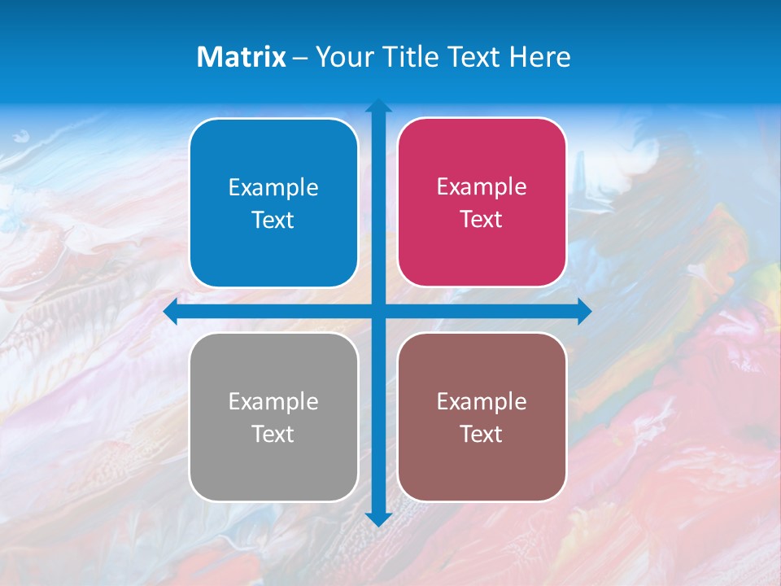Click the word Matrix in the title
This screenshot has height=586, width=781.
[241, 57]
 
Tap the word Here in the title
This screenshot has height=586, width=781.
[539, 57]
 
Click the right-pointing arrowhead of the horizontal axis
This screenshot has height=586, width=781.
[584, 312]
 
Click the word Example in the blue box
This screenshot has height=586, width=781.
[273, 188]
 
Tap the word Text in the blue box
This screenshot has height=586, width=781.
[273, 221]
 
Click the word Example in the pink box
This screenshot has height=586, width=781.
[482, 187]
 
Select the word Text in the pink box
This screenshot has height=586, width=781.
[482, 220]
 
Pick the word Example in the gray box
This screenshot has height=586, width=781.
[273, 402]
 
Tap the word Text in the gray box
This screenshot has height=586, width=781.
[273, 434]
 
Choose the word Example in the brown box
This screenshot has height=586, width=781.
[482, 401]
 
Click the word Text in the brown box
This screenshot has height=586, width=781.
[482, 434]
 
